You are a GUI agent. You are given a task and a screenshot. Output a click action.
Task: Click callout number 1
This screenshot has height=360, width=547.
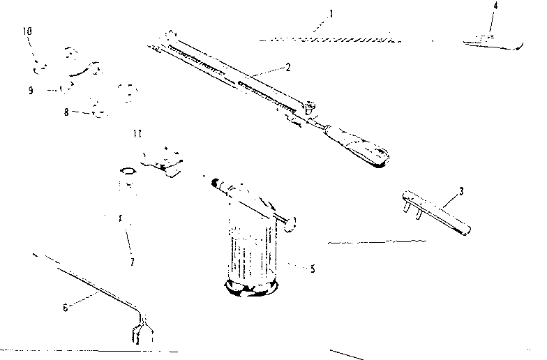point(331,14)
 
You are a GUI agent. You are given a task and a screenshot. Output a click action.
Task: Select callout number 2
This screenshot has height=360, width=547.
point(287,67)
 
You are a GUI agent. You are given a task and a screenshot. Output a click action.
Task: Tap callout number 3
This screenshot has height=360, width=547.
point(461,191)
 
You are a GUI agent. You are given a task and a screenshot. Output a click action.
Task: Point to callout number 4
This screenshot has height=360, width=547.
point(495,6)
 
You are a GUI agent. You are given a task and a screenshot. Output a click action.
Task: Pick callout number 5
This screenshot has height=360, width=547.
point(313,269)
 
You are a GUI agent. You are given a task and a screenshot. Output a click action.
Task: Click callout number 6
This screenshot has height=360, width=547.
point(66,308)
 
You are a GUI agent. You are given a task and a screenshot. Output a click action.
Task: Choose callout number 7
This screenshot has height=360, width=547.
point(133,262)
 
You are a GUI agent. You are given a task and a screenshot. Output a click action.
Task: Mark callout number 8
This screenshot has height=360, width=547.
point(66,112)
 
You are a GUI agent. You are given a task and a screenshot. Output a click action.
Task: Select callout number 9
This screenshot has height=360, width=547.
point(31,90)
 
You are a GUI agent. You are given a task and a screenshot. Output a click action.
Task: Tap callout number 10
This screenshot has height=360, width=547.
point(27,31)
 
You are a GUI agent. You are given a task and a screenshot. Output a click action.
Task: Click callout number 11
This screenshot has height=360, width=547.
point(137,134)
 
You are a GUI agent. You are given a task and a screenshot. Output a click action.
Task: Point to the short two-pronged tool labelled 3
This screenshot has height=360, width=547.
point(436,212)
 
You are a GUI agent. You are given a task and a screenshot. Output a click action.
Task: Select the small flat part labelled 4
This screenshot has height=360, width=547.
point(493,43)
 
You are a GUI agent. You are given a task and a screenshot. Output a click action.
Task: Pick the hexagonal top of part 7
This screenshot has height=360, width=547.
point(128,171)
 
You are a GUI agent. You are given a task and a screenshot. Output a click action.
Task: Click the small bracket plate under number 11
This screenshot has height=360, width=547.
point(162,161)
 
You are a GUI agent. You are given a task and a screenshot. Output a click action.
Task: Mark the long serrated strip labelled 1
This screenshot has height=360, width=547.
point(329,40)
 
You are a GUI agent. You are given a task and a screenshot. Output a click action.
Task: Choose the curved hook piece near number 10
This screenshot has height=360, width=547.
point(84,70)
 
